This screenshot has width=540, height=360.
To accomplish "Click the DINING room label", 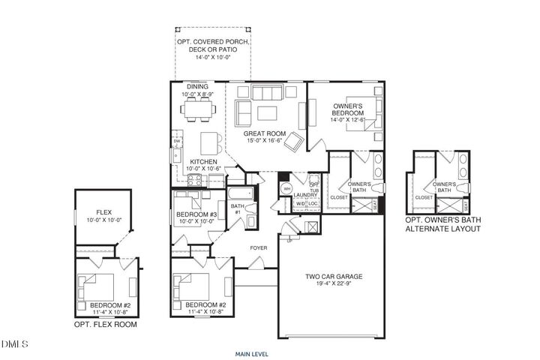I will click(199, 87).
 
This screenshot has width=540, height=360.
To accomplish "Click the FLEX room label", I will click(103, 212).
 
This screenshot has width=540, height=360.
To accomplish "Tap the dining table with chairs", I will click(199, 110).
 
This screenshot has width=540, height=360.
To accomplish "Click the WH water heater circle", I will click(286, 189).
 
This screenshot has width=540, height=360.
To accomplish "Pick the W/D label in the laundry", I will click(300, 203).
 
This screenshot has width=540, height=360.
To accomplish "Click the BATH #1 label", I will click(238, 208).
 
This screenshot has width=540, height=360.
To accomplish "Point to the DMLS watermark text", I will click(13, 344).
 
